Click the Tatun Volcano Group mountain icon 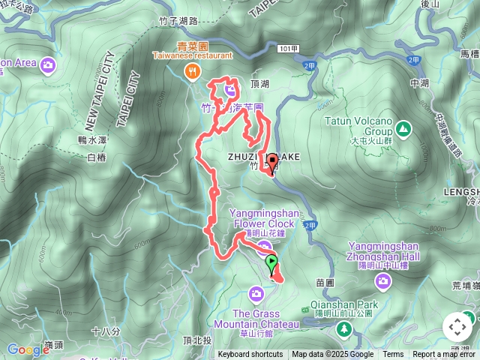403,129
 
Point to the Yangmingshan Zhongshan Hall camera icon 384,281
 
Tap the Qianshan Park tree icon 343,328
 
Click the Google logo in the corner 28,349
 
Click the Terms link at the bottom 393,355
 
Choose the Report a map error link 445,355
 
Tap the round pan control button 457,327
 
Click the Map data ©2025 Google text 333,355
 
